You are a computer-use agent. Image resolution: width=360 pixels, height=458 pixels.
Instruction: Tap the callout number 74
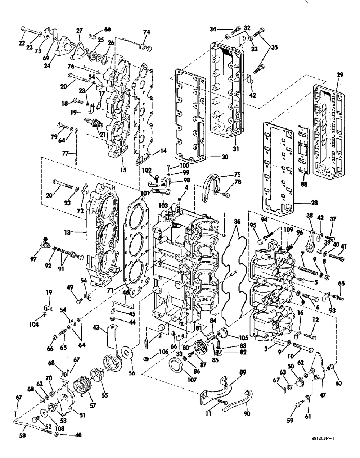(x=147, y=32)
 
